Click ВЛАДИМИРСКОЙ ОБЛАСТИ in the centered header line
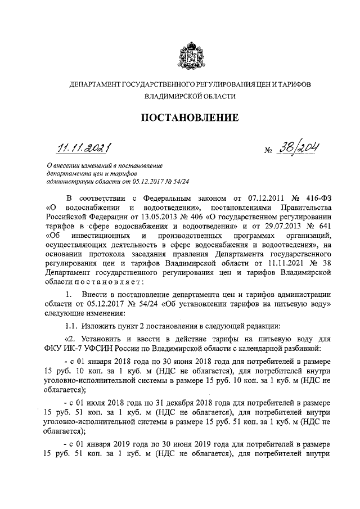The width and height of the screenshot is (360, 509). click(189, 97)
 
